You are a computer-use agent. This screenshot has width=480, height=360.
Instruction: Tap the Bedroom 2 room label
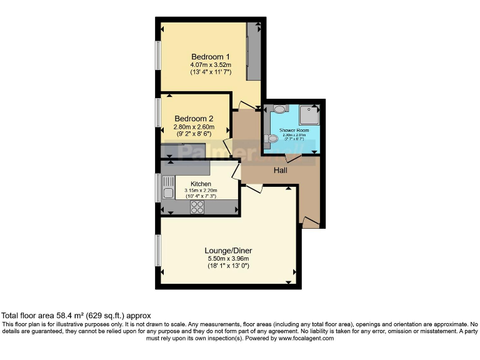194,119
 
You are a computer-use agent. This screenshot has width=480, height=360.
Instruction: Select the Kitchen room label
192,184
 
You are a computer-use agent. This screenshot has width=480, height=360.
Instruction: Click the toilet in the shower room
270,139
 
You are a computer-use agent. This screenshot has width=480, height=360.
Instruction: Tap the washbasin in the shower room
279,109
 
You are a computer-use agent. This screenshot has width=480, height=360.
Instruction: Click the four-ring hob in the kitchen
197,207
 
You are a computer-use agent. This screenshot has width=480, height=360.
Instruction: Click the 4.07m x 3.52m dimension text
211,64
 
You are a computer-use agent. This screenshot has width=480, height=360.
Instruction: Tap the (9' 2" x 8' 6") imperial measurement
194,134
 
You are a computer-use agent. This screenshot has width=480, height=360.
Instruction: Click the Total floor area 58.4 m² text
76,316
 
